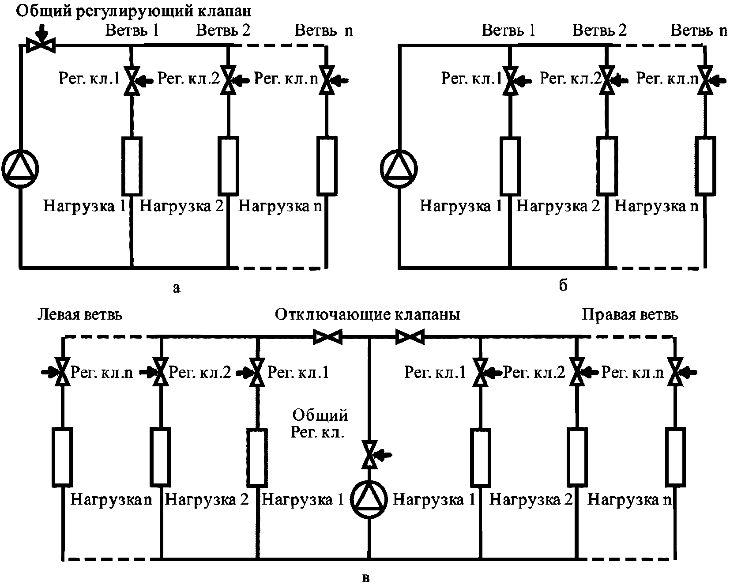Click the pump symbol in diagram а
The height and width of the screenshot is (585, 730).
(20, 168)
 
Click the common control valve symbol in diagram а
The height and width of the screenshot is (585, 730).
(41, 45)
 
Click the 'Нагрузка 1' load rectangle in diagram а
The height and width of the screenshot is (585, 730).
(132, 166)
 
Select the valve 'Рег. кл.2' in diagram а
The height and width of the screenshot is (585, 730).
(228, 80)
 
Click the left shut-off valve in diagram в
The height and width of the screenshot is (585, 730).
(327, 337)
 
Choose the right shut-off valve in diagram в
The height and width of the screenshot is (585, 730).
(410, 337)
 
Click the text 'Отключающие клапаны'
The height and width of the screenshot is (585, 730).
(368, 315)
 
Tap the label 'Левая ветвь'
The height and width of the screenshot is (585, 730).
(80, 314)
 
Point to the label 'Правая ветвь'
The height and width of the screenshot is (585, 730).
(630, 314)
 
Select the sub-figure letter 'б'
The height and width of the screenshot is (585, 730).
(563, 286)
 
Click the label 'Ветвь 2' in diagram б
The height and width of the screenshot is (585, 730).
(599, 30)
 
